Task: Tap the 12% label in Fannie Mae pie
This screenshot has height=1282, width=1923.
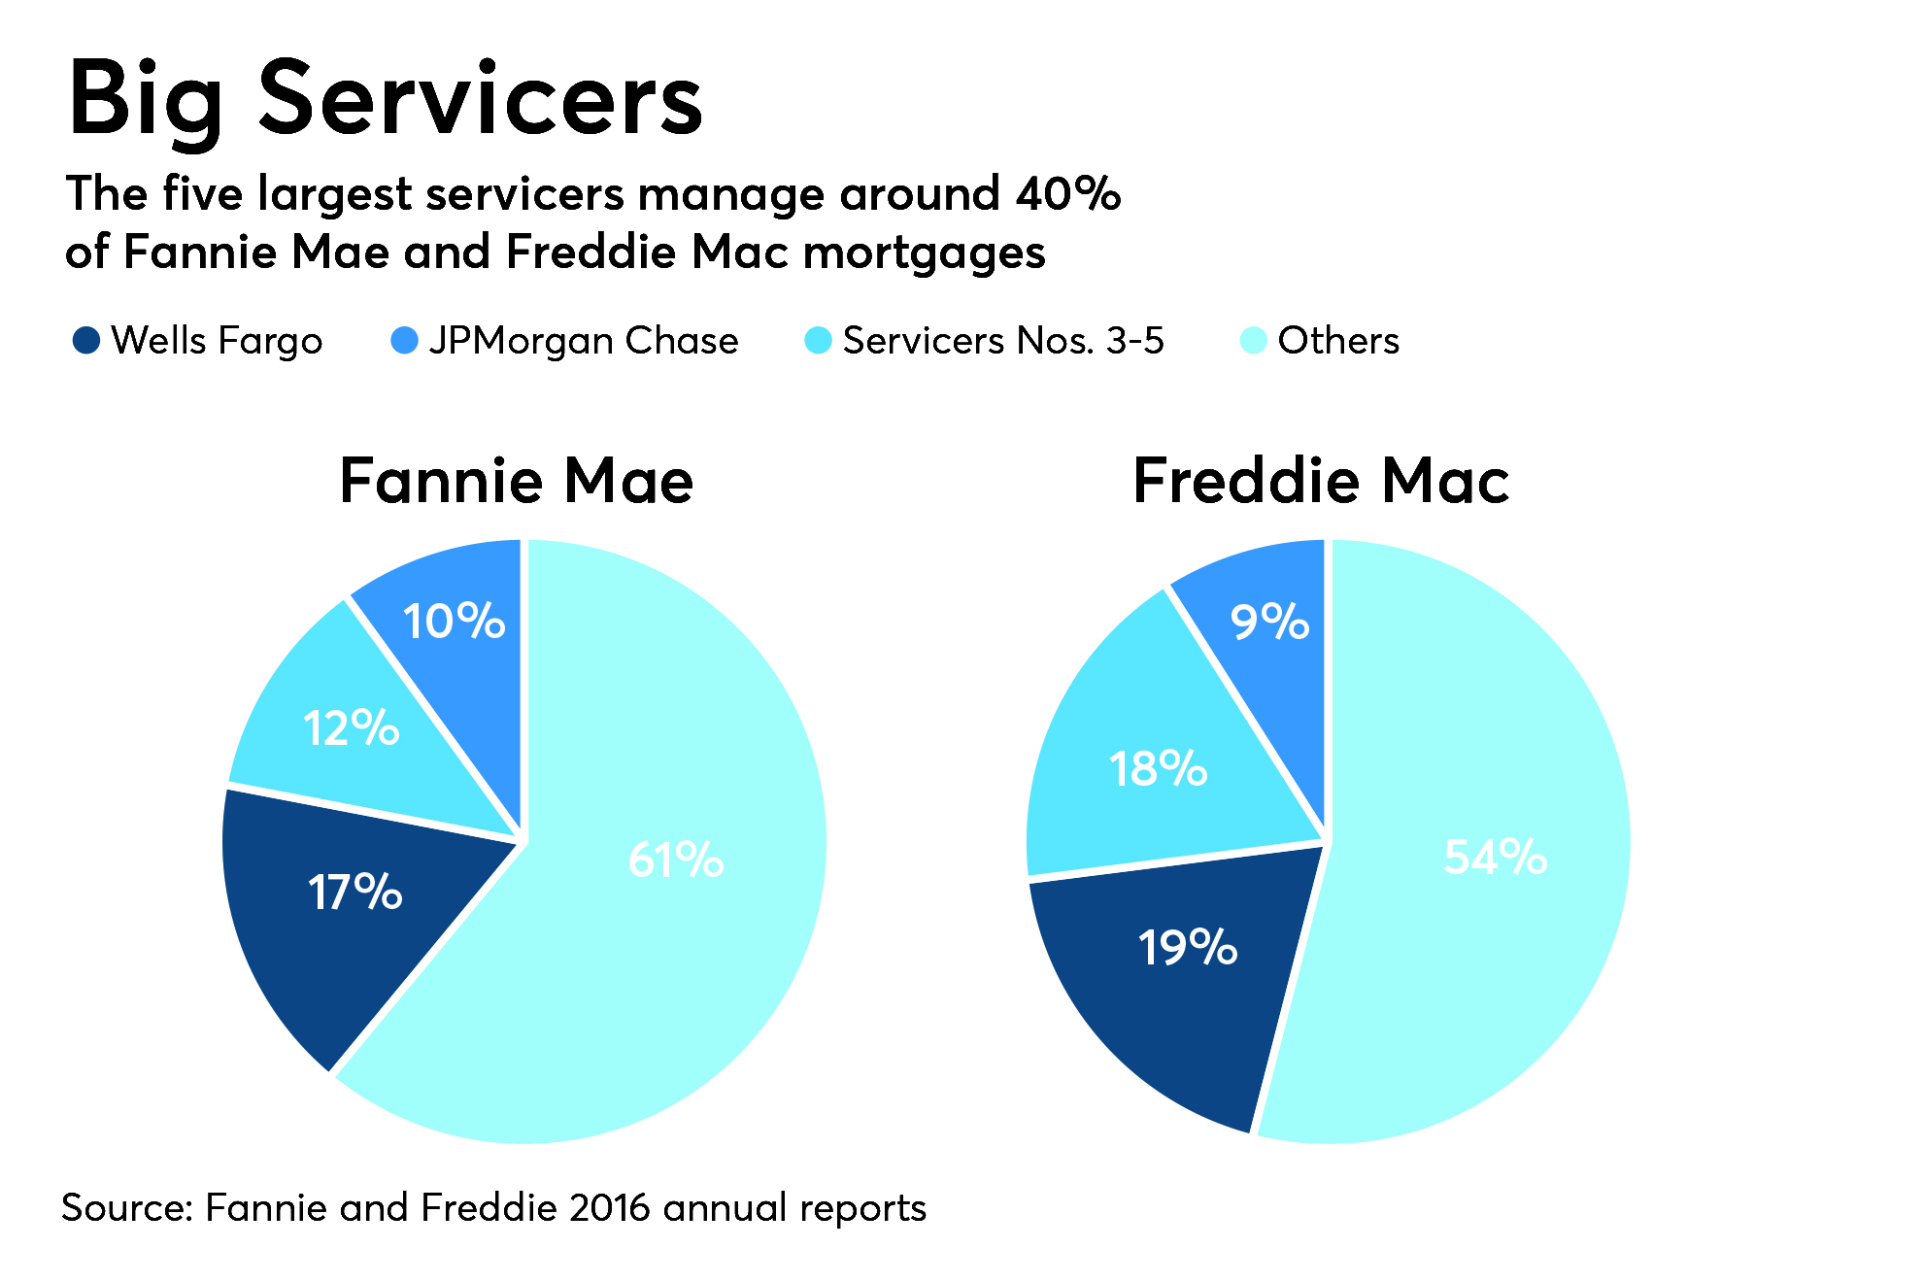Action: point(352,727)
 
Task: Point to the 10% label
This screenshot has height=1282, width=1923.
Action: point(455,621)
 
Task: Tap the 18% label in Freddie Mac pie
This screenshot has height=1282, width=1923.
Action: point(1159,768)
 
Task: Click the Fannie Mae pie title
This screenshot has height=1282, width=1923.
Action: point(517,481)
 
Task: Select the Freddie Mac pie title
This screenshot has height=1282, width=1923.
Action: point(1321,481)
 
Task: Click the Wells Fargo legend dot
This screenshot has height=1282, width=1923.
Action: point(86,340)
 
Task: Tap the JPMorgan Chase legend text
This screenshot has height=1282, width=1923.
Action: point(584,341)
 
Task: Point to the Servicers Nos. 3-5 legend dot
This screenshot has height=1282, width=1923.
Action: point(819,340)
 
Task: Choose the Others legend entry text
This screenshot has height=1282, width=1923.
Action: point(1338,340)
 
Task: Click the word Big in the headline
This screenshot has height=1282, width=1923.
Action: point(146,99)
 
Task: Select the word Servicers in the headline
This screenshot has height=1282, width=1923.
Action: point(480,99)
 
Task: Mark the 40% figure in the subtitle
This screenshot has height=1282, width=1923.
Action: point(1068,193)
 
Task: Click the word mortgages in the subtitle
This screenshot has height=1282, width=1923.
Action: point(925,253)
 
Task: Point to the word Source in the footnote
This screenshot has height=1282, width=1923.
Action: point(127,1207)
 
